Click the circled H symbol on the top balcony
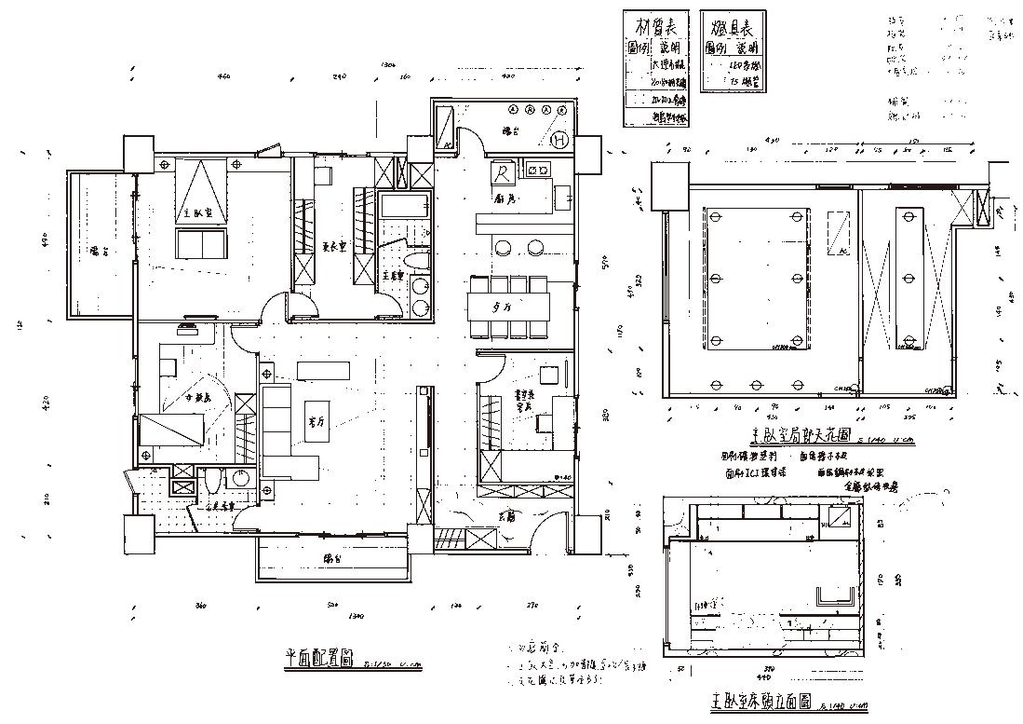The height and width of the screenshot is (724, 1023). [559, 141]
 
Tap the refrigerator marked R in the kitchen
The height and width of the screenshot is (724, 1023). [502, 173]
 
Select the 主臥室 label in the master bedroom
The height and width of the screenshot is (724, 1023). [195, 214]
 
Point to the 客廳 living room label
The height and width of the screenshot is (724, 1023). [316, 420]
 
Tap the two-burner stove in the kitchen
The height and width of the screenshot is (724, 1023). [537, 170]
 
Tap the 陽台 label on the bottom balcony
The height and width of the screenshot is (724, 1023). [332, 558]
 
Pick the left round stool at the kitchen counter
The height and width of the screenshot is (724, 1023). [504, 248]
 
